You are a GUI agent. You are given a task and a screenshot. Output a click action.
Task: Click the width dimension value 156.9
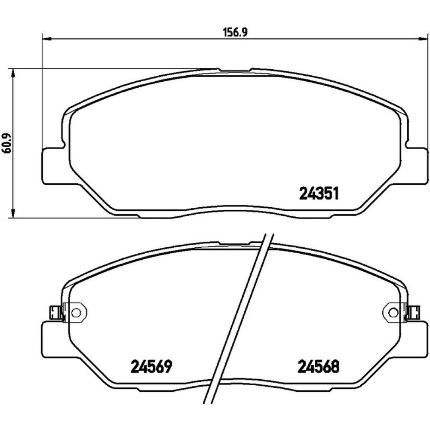(236, 33)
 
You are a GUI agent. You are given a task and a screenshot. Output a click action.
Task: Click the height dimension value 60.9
(6, 143)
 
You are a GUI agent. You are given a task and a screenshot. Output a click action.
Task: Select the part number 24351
(319, 193)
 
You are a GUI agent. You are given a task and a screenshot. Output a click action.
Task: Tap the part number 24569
(151, 366)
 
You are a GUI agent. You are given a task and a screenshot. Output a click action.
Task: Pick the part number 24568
(319, 366)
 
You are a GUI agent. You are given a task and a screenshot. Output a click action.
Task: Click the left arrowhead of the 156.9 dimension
(47, 39)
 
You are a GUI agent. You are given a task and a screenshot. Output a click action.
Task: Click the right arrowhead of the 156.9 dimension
(423, 39)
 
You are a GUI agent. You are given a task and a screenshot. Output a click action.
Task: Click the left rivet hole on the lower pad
(76, 312)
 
